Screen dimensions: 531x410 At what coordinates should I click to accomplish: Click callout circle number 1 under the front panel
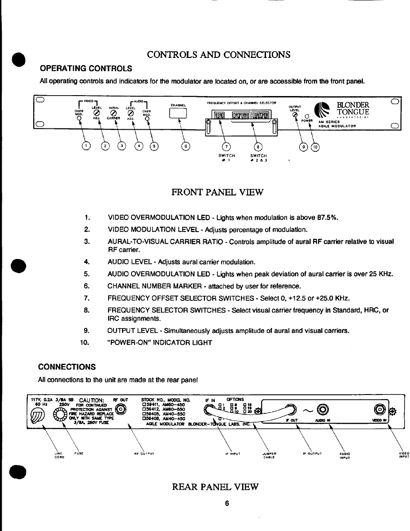[86, 145]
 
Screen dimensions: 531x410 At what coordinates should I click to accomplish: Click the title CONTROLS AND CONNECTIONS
[219, 55]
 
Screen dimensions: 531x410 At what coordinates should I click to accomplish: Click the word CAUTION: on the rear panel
[92, 400]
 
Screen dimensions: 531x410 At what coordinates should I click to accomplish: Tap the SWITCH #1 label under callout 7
[228, 158]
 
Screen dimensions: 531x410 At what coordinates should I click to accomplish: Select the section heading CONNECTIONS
[66, 367]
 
